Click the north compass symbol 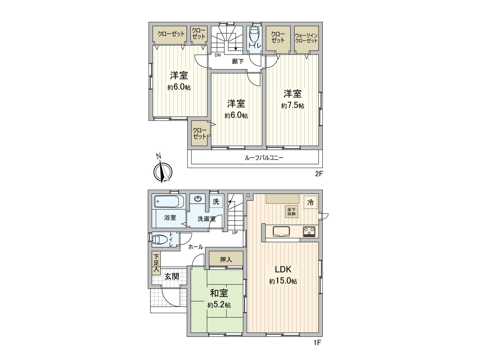162,172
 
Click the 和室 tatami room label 219,293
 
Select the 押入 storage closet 226,259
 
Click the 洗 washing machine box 216,202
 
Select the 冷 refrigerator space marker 310,202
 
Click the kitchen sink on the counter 281,232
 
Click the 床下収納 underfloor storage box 291,211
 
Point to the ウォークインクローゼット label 306,38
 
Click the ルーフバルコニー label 264,158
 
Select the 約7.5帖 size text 293,106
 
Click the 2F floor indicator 319,174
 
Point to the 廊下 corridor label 238,61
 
